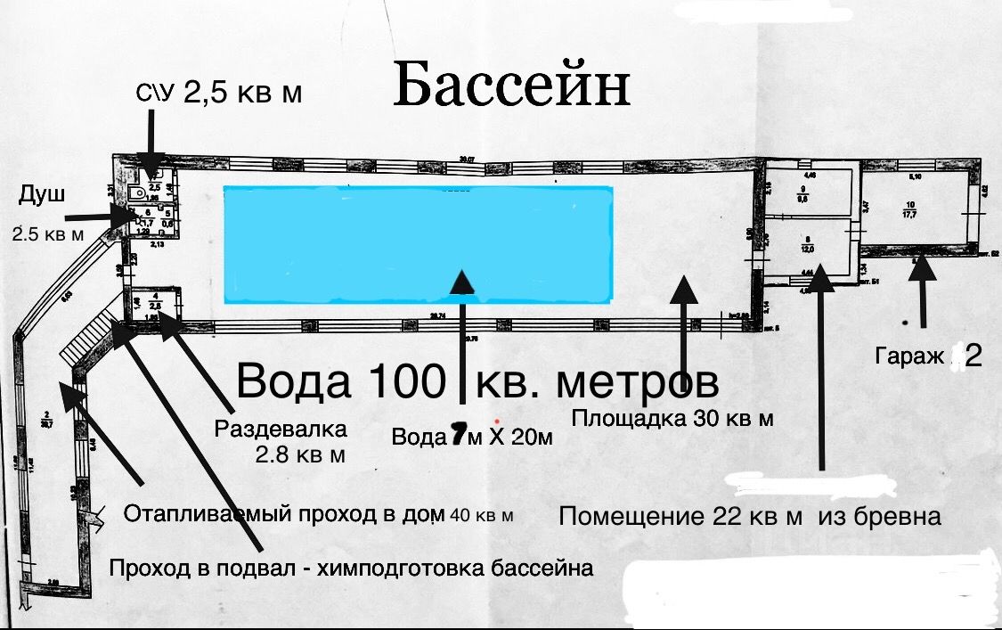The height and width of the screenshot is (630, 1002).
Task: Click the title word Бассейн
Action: coord(511,86)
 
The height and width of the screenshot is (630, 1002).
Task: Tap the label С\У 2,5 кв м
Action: coord(218,94)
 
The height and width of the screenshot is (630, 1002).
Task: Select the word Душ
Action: coord(43,195)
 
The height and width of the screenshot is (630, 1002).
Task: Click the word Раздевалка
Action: coord(280,430)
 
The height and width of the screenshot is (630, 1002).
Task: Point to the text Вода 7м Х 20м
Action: coord(472,437)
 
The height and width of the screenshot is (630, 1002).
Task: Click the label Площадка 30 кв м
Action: coord(672,418)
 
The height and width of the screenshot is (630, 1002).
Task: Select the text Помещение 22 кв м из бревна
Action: coord(749,516)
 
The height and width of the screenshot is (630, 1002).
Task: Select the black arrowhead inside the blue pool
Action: coord(462,282)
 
